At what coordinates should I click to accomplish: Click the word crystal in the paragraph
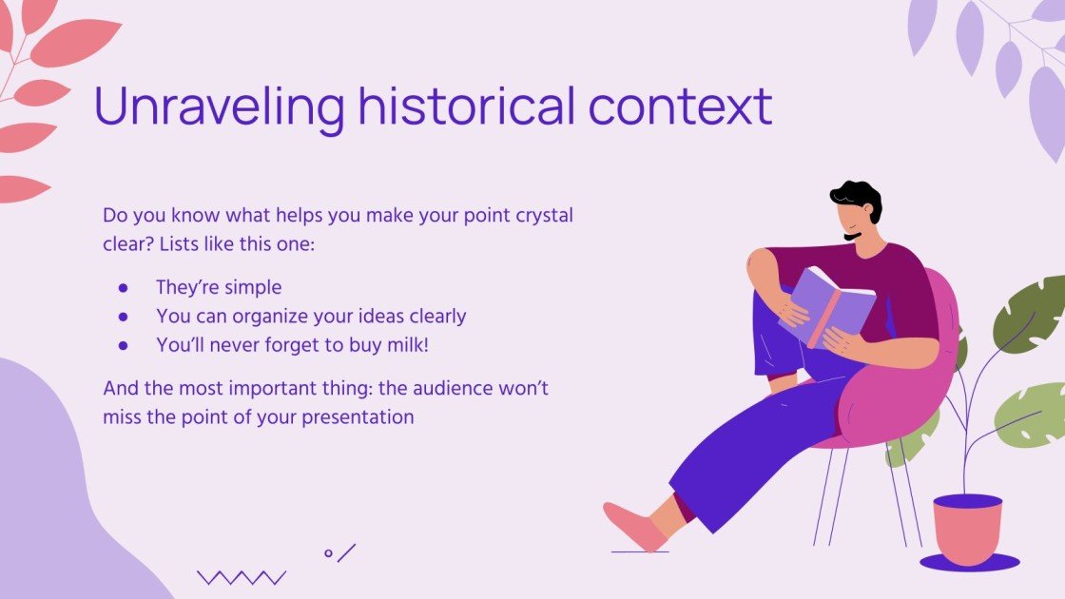pyautogui.click(x=543, y=216)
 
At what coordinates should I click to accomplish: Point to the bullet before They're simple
pyautogui.click(x=123, y=287)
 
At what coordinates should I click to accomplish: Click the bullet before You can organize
pyautogui.click(x=123, y=316)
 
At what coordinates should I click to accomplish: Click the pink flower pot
pyautogui.click(x=967, y=528)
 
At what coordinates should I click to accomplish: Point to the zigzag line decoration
pyautogui.click(x=241, y=577)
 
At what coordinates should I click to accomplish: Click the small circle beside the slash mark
pyautogui.click(x=328, y=552)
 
